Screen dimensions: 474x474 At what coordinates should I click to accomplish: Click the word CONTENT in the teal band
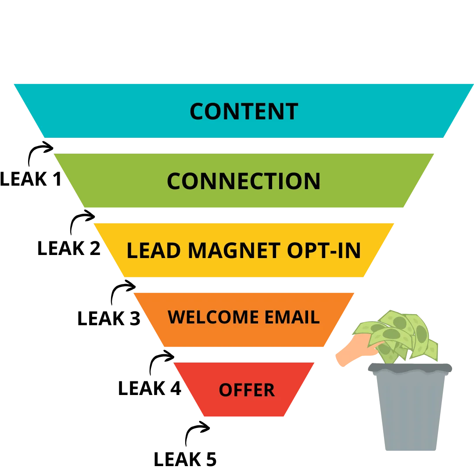(x=244, y=111)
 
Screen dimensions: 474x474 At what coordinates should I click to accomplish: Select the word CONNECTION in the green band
(x=244, y=181)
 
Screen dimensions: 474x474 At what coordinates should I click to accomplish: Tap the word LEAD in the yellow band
(x=154, y=251)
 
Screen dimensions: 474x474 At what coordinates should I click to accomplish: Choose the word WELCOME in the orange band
(x=208, y=317)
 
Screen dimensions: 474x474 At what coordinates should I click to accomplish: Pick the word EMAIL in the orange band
(x=286, y=317)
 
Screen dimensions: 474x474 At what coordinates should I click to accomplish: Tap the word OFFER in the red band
(x=247, y=390)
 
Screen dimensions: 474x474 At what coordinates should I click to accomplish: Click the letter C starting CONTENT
(x=197, y=111)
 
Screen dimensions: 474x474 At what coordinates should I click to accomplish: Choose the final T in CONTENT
(x=292, y=111)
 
